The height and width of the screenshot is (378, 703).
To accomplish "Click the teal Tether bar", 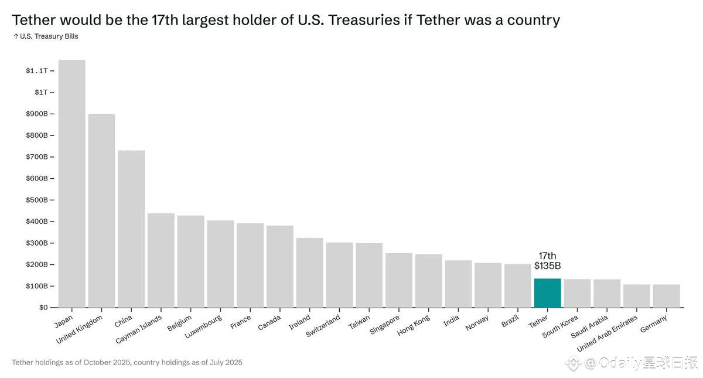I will [547, 292].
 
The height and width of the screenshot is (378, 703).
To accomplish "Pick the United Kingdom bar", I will [101, 210].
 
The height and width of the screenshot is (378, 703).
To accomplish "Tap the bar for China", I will [131, 229].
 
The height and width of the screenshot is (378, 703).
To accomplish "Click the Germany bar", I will [666, 296].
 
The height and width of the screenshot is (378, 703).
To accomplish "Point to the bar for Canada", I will [280, 266].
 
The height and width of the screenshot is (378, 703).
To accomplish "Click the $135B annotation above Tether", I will [547, 266].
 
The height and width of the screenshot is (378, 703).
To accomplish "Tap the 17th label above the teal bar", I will [547, 256].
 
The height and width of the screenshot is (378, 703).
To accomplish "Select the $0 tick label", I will [44, 308].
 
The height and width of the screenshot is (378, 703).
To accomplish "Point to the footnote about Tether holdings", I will [127, 362].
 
